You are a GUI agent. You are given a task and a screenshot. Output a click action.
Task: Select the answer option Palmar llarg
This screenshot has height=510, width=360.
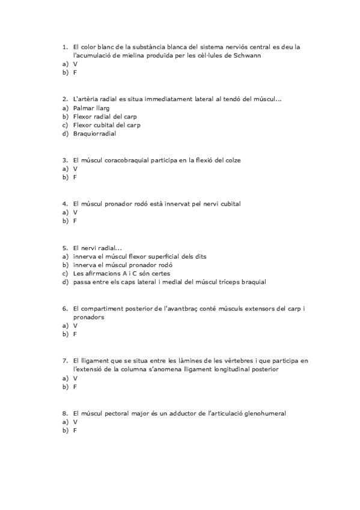tap(88, 108)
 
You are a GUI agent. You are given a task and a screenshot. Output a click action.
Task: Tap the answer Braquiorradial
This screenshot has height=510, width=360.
tap(94, 134)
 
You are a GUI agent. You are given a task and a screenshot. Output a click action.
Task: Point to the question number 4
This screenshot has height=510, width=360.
tap(65, 203)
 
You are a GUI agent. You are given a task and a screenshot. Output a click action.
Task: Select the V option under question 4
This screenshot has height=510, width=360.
tap(75, 212)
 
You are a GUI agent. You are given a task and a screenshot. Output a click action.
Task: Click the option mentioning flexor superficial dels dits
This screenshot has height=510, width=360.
tap(139, 256)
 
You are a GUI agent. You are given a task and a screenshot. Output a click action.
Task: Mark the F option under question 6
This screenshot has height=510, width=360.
tap(75, 334)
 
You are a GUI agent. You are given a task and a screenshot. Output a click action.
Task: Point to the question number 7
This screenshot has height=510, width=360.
tap(65, 360)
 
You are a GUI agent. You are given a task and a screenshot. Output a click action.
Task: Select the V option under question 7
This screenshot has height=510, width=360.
tap(75, 378)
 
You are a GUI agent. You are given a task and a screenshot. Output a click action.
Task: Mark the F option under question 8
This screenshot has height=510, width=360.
tap(75, 431)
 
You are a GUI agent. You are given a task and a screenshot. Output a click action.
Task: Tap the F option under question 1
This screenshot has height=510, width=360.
tap(75, 72)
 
